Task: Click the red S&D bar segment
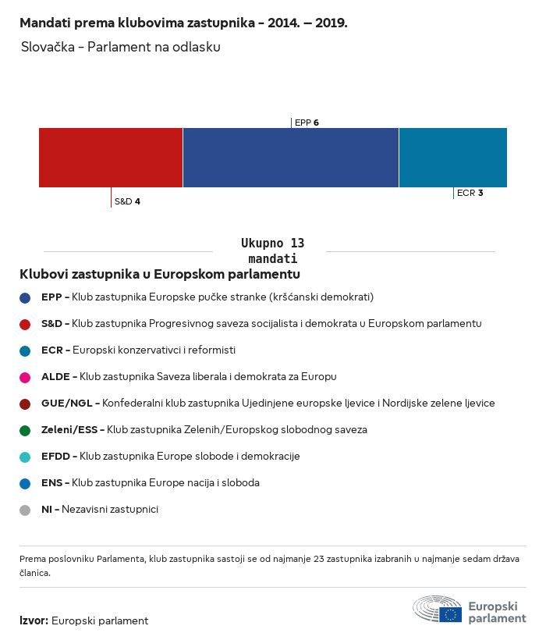[x=111, y=158]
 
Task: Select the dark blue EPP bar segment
[x=290, y=158]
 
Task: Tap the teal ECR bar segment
[x=452, y=158]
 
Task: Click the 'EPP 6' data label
[x=307, y=123]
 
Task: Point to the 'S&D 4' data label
[x=127, y=201]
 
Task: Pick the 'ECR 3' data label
[x=470, y=193]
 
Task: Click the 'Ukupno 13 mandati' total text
[x=272, y=251]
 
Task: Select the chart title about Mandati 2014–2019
[x=183, y=23]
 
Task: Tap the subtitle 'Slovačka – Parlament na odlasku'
[x=121, y=47]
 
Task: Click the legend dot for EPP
[x=25, y=297]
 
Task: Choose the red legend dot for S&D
[x=25, y=324]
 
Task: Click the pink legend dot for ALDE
[x=25, y=377]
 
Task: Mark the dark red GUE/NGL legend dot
[x=25, y=404]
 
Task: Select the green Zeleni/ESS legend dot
[x=25, y=430]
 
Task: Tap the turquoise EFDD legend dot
[x=25, y=457]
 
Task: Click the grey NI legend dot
[x=25, y=510]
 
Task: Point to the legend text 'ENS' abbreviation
[x=51, y=483]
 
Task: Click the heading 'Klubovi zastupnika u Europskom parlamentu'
[x=160, y=275]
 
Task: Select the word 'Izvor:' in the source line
[x=34, y=621]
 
